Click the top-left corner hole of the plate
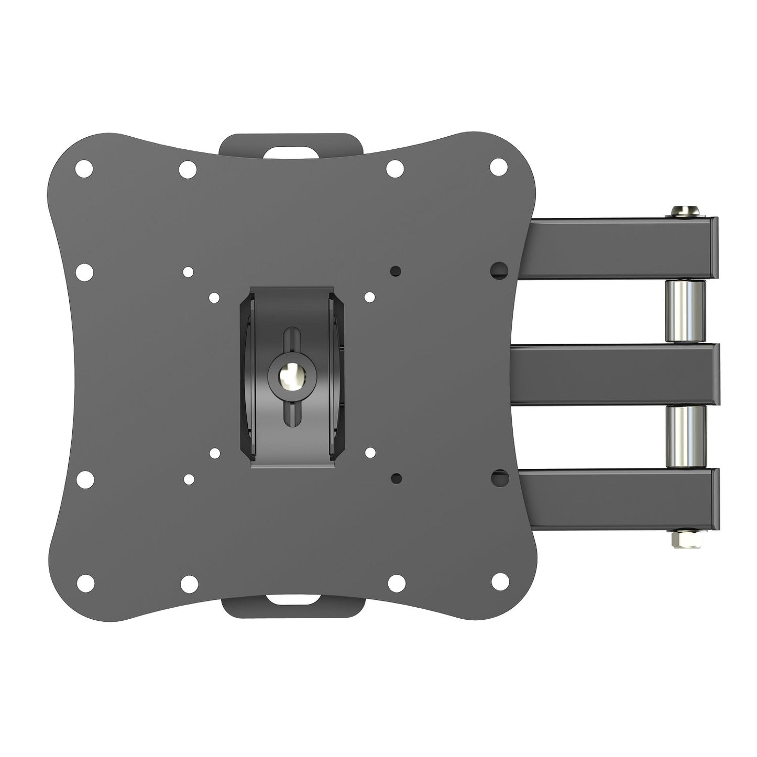click(84, 169)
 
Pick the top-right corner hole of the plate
click(499, 167)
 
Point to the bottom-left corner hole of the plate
click(85, 582)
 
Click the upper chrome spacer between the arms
click(685, 311)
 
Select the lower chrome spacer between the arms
click(686, 437)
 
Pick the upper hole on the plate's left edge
click(84, 272)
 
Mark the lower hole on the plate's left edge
click(84, 479)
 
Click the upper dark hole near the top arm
click(499, 270)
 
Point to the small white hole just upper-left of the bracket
click(214, 298)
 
